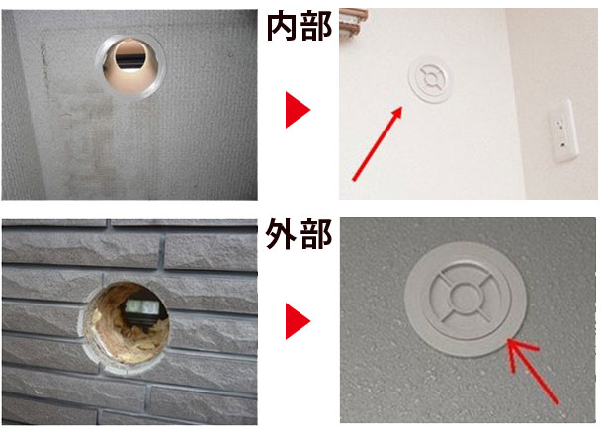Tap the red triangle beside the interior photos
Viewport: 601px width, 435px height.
[298, 110]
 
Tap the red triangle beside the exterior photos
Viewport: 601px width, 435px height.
[298, 321]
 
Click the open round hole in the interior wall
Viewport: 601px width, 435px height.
[130, 66]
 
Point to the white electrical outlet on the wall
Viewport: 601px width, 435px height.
[562, 131]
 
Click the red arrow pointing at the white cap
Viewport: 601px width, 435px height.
[378, 143]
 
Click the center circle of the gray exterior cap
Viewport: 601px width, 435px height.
[465, 297]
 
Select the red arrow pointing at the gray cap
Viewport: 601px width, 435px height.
[533, 371]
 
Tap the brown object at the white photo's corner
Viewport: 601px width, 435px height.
[354, 22]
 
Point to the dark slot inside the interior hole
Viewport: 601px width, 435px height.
[130, 59]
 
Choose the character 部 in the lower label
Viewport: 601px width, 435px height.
[316, 234]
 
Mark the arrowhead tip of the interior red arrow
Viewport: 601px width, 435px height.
[402, 107]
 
